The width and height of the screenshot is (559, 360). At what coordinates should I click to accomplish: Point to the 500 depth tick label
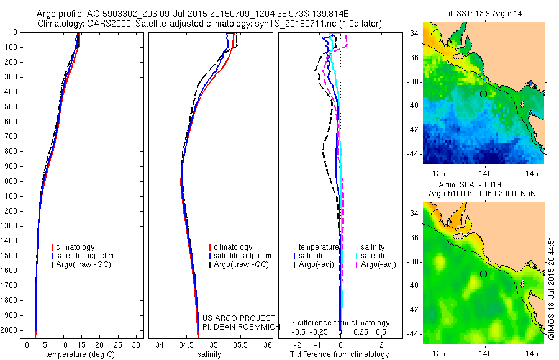[10, 107]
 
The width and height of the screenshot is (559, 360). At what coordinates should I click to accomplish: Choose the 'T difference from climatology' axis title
[339, 354]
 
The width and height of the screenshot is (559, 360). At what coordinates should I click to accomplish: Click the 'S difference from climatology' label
[340, 323]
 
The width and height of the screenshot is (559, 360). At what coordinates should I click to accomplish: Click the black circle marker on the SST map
[483, 94]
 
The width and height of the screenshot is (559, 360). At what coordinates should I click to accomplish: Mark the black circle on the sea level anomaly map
[483, 274]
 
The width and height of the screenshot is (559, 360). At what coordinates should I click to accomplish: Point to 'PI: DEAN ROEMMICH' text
[233, 326]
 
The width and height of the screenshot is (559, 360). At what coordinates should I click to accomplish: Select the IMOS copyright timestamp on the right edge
[552, 286]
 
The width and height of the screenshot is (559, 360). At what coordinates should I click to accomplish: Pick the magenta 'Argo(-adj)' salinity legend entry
[378, 264]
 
